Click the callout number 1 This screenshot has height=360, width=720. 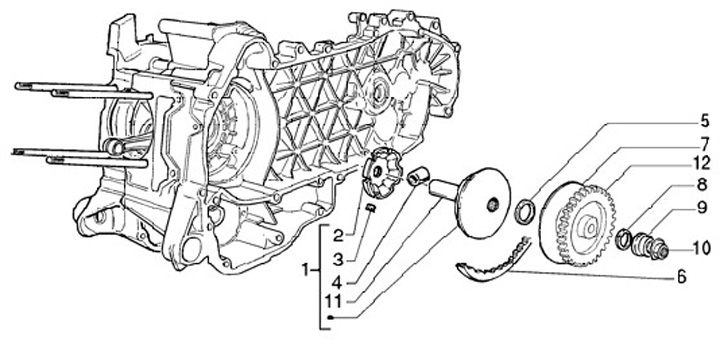pyautogui.click(x=306, y=270)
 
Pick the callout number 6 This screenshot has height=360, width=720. pyautogui.click(x=681, y=276)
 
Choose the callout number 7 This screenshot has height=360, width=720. pyautogui.click(x=705, y=144)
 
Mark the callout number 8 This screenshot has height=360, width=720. pyautogui.click(x=701, y=185)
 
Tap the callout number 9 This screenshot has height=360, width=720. pyautogui.click(x=701, y=208)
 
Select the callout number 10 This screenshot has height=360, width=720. pyautogui.click(x=701, y=248)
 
